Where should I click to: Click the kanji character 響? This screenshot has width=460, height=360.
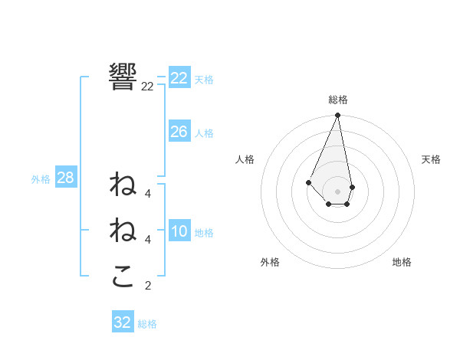(x=123, y=77)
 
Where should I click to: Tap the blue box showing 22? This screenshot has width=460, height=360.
(x=179, y=78)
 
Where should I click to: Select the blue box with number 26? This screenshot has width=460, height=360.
(x=179, y=132)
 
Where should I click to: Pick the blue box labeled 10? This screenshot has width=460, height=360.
(x=179, y=232)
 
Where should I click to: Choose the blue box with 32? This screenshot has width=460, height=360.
(x=123, y=322)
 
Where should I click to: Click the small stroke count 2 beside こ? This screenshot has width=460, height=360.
(x=148, y=286)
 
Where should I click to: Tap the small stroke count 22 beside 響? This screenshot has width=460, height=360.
(x=147, y=87)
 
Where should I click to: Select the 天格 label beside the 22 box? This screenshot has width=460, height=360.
(x=204, y=79)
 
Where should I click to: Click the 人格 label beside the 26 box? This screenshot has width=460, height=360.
(x=204, y=133)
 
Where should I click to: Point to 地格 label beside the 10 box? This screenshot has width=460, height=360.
(x=204, y=233)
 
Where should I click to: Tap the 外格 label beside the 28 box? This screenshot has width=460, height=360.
(x=41, y=179)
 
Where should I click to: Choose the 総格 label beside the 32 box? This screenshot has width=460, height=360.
(x=147, y=324)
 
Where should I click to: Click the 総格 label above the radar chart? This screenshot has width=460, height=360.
(x=337, y=100)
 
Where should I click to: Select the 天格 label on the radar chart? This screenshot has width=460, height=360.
(x=431, y=159)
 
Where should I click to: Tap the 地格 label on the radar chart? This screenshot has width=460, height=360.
(x=402, y=262)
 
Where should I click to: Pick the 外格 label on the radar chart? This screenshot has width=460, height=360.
(x=270, y=262)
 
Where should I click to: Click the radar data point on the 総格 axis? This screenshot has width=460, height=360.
(x=337, y=116)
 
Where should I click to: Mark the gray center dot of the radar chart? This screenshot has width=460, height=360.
(x=337, y=191)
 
